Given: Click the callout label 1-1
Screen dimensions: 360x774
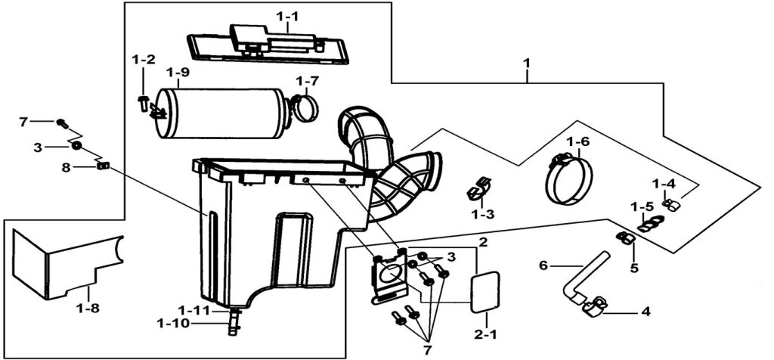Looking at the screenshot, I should click(287, 15).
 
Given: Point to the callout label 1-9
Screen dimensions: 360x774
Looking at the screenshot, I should click(178, 73).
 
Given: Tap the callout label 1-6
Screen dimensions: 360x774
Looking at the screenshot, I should click(577, 141).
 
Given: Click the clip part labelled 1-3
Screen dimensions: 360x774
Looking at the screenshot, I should click(478, 188).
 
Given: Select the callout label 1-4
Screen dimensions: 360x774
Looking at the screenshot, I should click(664, 183).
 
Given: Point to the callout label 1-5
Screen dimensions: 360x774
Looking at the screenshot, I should click(642, 206).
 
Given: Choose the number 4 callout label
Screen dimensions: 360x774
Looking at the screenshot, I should click(645, 311).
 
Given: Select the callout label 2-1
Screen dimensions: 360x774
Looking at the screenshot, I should click(485, 333).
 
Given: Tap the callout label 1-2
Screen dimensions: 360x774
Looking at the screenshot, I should click(144, 59).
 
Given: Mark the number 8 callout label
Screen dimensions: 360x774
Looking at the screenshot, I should click(66, 168).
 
